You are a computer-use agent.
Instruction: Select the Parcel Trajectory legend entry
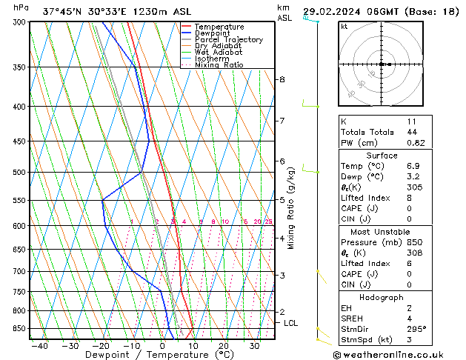pos(228,40)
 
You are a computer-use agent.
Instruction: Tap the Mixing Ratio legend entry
pos(219,65)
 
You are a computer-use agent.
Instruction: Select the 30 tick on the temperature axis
pos(254,346)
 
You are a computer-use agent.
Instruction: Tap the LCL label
pos(291,323)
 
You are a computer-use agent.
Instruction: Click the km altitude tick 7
pos(282,121)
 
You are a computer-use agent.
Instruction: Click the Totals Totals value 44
pos(412,132)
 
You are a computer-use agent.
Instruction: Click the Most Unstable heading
pos(381,232)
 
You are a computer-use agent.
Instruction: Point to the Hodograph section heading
pos(381,297)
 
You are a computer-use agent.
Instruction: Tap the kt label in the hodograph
pos(344,26)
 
